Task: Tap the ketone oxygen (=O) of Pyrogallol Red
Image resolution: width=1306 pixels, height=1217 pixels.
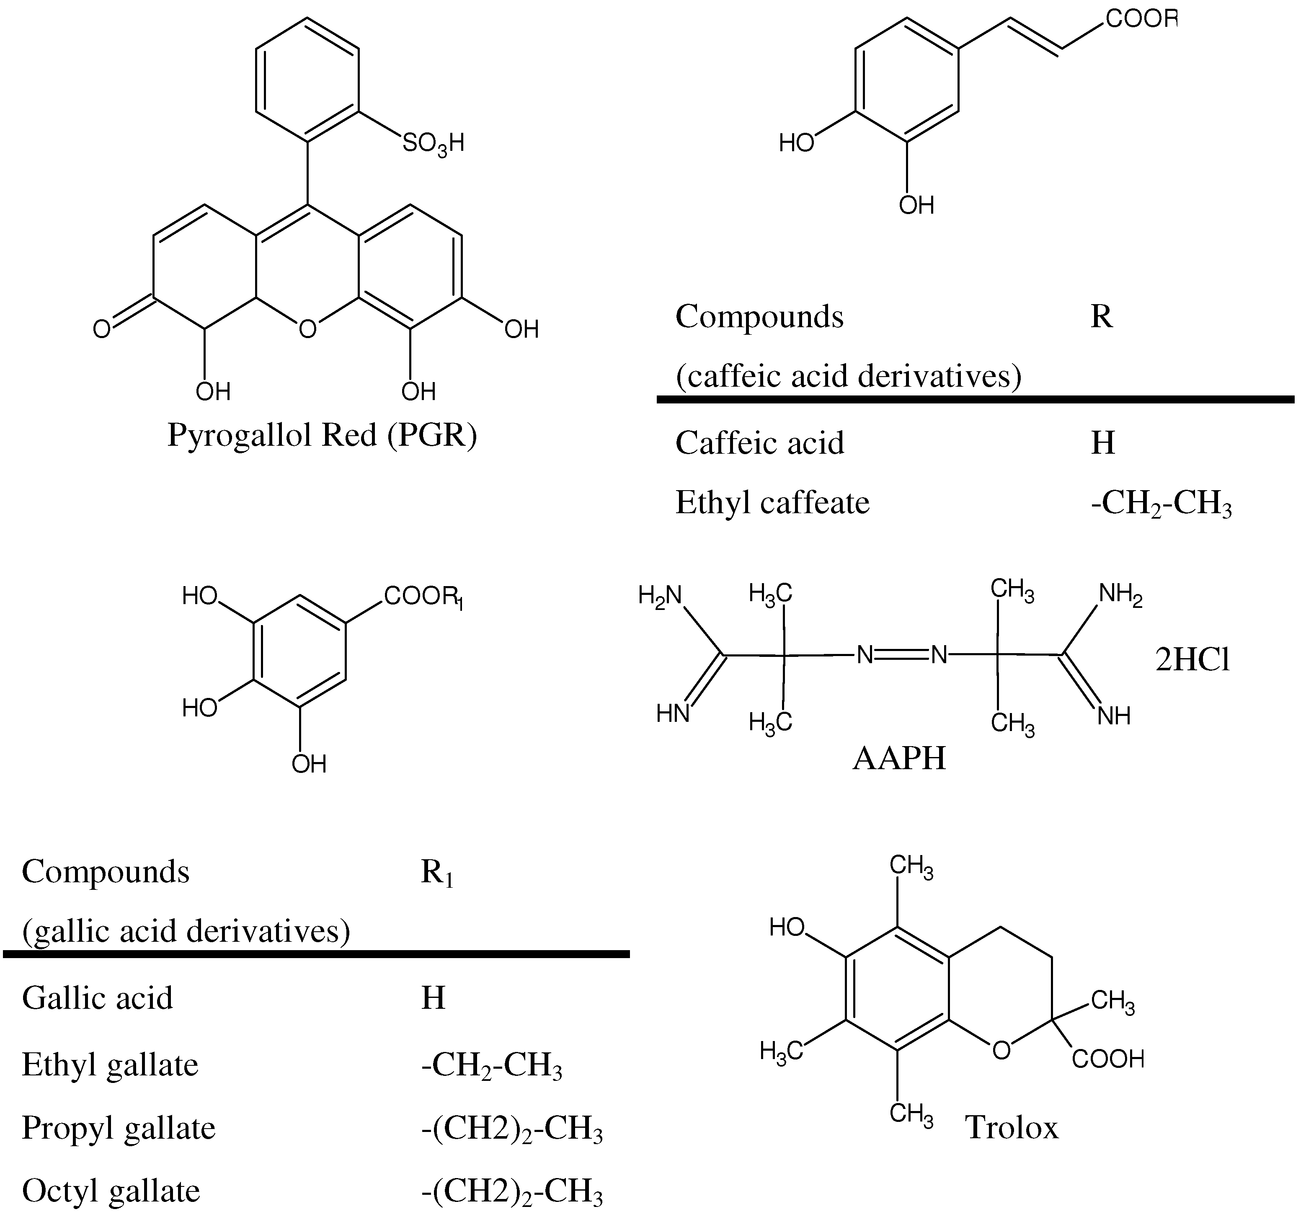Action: pos(102,328)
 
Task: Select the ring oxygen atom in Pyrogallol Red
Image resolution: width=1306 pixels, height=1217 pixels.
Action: pos(307,328)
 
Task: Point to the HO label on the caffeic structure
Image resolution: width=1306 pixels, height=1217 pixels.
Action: pos(796,142)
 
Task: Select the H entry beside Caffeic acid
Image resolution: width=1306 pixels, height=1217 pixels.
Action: pos(1103,443)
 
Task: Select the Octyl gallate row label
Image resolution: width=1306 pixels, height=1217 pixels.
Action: pos(110,1191)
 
